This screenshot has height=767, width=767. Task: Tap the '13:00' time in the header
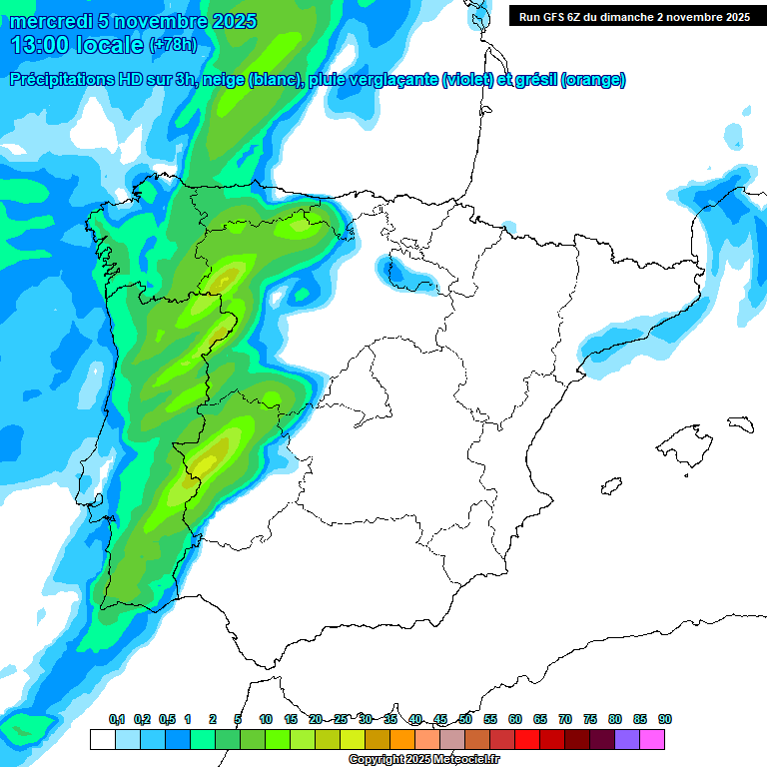pos(41,45)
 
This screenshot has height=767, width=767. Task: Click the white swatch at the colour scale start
pos(102,739)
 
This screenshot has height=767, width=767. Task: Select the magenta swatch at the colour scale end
pos(652,739)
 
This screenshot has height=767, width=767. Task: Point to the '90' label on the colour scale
pos(665,719)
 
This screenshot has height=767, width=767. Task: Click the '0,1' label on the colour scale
pos(117,719)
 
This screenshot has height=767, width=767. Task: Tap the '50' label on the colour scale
pos(465,719)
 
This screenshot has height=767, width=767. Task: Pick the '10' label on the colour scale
pos(266,719)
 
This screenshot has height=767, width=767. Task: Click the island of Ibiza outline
pos(610,486)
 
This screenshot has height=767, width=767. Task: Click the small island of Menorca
pos(739,423)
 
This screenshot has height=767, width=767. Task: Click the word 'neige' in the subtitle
pos(228,80)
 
